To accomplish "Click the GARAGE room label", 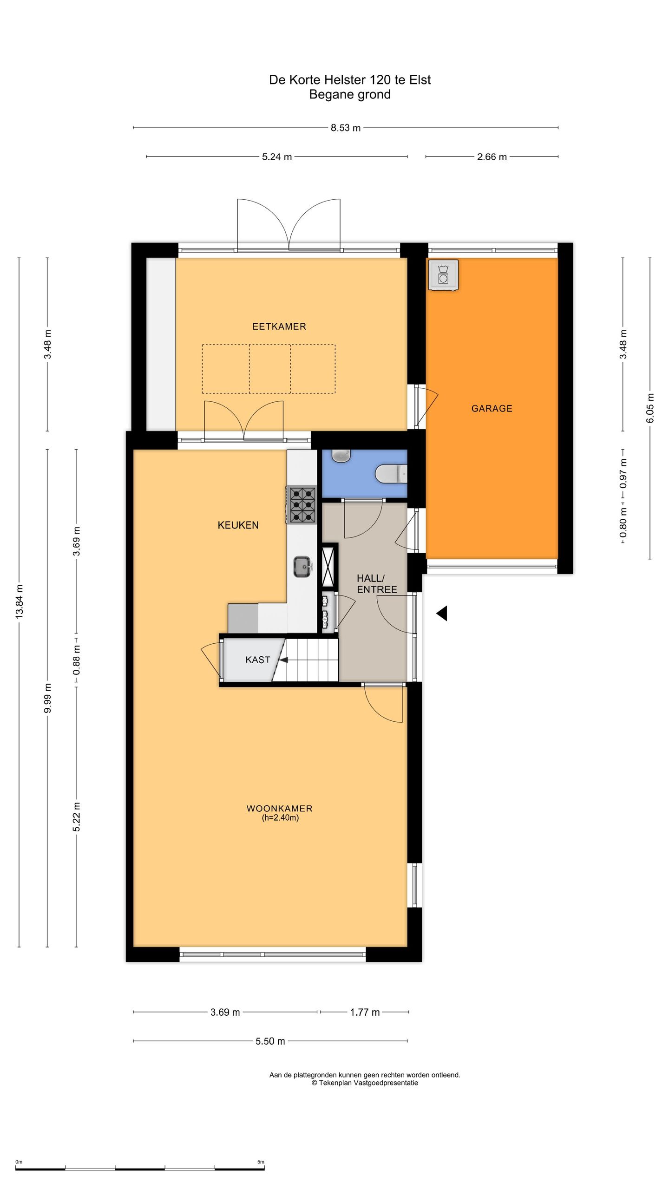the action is click(x=492, y=409).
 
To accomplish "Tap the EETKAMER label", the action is click(x=279, y=327).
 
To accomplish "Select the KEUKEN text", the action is click(x=238, y=525).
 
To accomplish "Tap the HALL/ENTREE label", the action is click(x=377, y=584).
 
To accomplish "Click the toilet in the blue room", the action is click(x=391, y=474).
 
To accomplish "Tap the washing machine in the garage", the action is click(x=444, y=274).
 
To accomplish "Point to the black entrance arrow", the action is click(x=441, y=614).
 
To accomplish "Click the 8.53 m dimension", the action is click(x=346, y=128).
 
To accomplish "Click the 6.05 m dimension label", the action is click(x=650, y=408).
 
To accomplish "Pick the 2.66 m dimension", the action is click(x=492, y=157).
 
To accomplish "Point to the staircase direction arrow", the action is click(x=283, y=660).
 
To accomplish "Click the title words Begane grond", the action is click(x=350, y=95).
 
